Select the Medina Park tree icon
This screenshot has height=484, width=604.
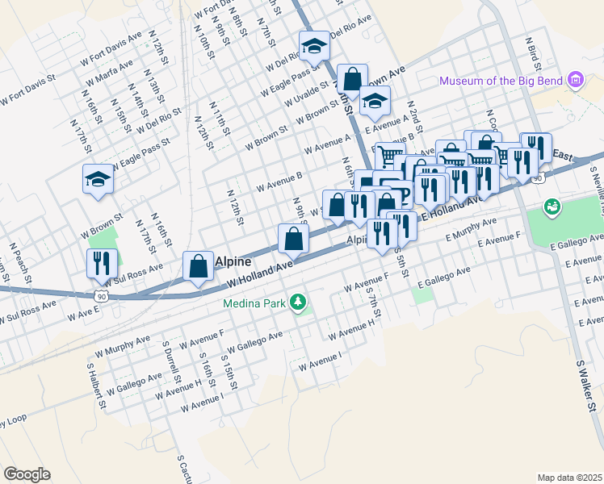300,302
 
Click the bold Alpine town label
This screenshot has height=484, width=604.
235,262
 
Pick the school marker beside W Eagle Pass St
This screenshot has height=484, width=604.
98,178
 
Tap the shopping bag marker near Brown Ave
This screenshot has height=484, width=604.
352,78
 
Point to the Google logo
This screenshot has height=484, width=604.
27,474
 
